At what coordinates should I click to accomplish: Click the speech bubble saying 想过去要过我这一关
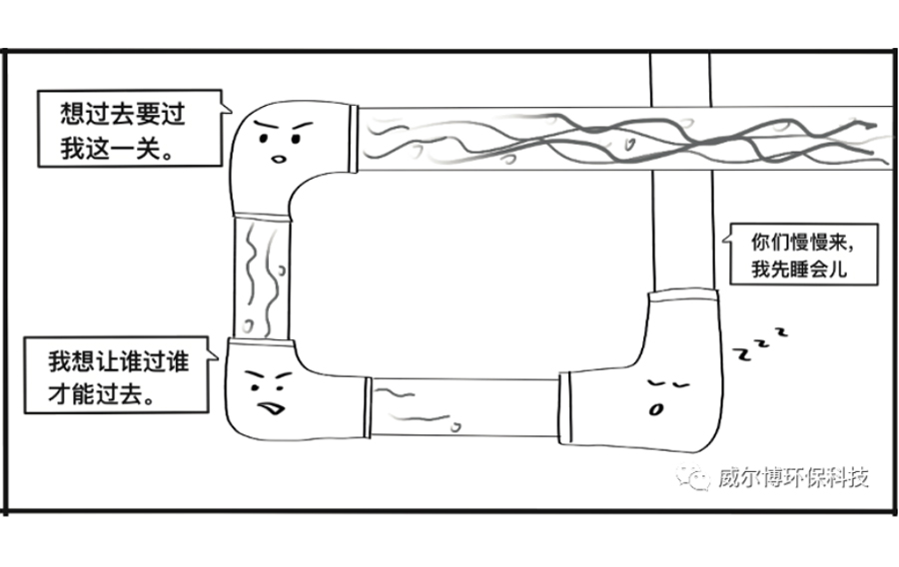(x=130, y=129)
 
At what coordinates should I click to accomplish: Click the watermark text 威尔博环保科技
(x=794, y=477)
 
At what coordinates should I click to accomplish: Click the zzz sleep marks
(x=761, y=344)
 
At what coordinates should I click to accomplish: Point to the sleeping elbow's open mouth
(x=655, y=409)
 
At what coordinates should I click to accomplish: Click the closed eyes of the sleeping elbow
(x=668, y=383)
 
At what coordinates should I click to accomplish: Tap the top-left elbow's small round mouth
(x=279, y=159)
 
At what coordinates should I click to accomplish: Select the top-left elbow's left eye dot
(x=264, y=138)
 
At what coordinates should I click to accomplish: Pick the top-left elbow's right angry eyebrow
(x=302, y=126)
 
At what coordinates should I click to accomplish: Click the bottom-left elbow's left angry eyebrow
(x=255, y=377)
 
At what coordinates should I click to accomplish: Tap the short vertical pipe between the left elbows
(x=262, y=279)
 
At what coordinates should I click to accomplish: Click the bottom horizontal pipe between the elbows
(x=464, y=407)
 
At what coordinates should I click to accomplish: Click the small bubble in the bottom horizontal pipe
(x=456, y=427)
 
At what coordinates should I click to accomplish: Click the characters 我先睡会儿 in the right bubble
(x=799, y=269)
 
